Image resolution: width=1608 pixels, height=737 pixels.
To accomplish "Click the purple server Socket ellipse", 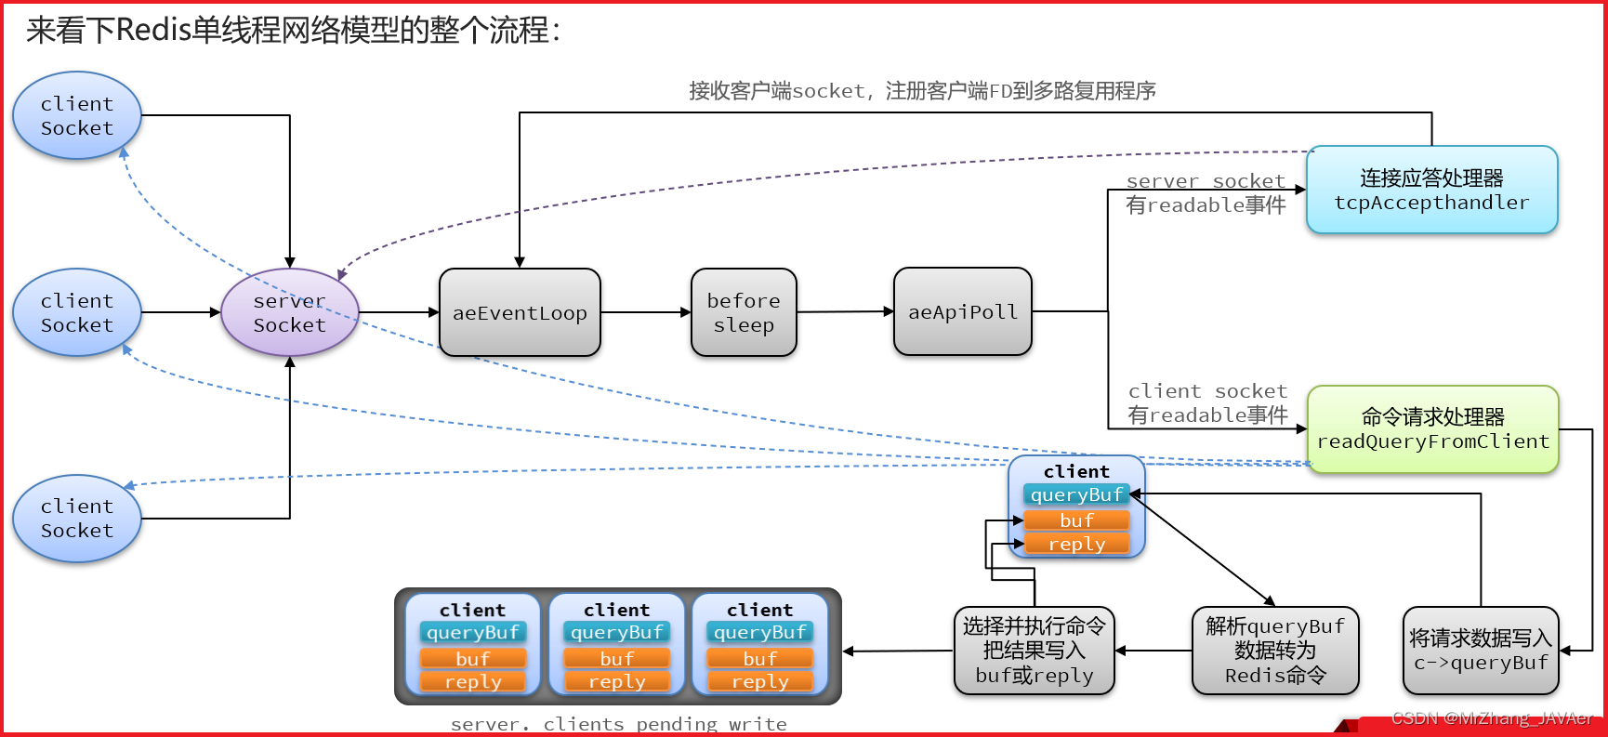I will coord(289,312).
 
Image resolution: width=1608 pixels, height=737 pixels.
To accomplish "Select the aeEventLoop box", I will coord(520,312).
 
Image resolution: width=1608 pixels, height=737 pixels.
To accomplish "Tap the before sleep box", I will coord(744,312).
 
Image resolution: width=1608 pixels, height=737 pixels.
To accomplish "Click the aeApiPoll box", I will coord(963,311).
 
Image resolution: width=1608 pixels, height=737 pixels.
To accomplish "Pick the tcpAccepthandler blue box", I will coord(1431,190).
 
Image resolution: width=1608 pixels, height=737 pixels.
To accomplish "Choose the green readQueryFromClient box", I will coord(1432,429).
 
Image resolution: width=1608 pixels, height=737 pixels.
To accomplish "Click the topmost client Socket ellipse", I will coord(77,115).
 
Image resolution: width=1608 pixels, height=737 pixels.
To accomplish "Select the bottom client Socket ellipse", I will coord(77,519).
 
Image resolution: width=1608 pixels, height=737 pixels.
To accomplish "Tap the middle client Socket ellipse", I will coord(77,312).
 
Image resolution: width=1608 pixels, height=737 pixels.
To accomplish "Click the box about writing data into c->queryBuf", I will coord(1481,651).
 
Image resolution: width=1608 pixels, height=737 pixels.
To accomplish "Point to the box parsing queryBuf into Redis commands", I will coord(1275,651).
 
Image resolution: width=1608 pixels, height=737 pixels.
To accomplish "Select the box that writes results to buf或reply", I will coord(1034,651).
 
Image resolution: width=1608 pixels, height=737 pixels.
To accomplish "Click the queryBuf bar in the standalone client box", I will coord(1076,494).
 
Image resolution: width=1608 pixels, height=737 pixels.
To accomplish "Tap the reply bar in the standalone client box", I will coord(1076,544).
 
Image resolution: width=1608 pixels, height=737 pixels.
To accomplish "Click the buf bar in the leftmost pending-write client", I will coord(472,658).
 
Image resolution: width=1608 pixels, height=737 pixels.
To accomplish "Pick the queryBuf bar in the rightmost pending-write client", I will coord(759,632).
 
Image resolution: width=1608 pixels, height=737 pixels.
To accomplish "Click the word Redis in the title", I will coord(153,31).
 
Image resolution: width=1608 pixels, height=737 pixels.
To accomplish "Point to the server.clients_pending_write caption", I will coord(618,724).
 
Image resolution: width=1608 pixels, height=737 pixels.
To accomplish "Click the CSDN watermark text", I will coord(1491,718).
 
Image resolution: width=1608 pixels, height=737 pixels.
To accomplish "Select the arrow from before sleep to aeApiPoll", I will coord(844,312).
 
